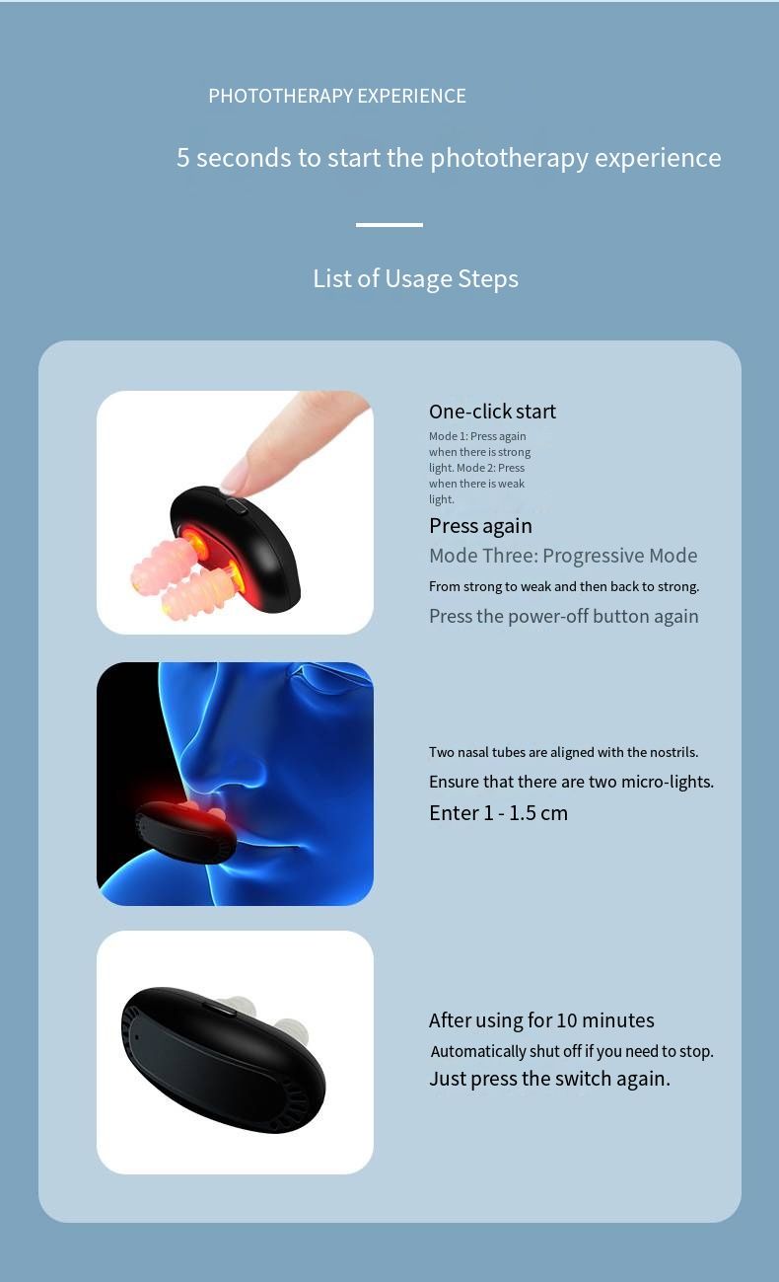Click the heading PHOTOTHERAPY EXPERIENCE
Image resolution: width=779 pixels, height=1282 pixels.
coord(337,96)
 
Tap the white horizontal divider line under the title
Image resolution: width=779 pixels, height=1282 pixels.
coord(389,225)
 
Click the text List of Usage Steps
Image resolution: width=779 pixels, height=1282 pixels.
coord(415,278)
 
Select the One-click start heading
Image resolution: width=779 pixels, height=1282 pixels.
coord(492,411)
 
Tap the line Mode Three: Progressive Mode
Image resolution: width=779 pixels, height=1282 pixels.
coord(563,556)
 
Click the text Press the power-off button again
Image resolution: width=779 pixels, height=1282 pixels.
coord(564,616)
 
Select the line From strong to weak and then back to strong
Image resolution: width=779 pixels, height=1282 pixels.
coord(564,586)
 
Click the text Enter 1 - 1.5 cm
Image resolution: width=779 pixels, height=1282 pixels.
coord(498,812)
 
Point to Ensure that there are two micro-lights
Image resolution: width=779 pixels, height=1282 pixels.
coord(571,782)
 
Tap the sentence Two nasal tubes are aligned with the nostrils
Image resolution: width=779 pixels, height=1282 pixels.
coord(563,751)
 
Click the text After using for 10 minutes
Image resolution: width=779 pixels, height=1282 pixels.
coord(541,1019)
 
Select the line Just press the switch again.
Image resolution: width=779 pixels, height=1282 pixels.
coord(549,1079)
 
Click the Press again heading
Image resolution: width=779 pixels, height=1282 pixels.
coord(480,525)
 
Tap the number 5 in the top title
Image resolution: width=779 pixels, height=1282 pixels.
coord(182,157)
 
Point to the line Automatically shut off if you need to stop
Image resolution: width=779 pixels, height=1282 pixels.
coord(572,1051)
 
